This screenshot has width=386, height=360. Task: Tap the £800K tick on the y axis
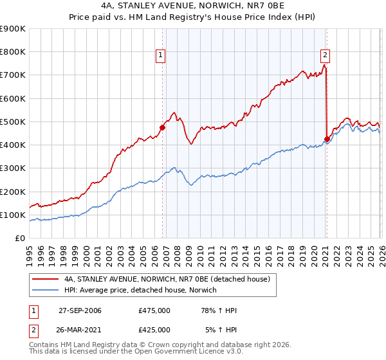pos(13,52)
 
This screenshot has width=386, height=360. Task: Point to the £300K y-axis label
pos(13,168)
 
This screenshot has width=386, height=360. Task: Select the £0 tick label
pos(19,239)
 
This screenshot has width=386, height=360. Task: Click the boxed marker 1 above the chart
pos(160,55)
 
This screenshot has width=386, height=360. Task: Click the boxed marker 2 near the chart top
pos(326,55)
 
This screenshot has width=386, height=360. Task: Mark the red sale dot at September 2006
pos(162,127)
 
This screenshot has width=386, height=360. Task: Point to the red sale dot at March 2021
pos(327,139)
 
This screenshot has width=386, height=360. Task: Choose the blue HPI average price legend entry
pos(141,290)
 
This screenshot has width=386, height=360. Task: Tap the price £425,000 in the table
pos(154,330)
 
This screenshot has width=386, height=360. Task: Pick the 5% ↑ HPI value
pos(221,330)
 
